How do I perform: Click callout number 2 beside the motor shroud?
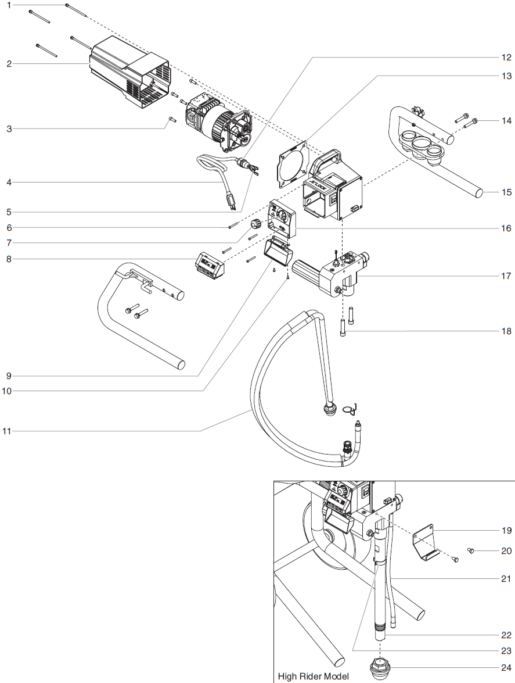tap(9, 63)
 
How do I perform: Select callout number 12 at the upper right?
tap(506, 57)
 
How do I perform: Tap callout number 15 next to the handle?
tap(506, 192)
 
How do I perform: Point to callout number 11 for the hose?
tap(7, 431)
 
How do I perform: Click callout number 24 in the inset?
tap(506, 667)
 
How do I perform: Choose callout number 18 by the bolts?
tap(506, 331)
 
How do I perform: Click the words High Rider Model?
tap(313, 676)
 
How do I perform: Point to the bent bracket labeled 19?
tap(427, 543)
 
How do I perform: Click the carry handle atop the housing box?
tap(327, 158)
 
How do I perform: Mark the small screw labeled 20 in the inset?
tap(471, 550)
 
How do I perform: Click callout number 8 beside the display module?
tap(9, 259)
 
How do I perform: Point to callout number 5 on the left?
tap(9, 212)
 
